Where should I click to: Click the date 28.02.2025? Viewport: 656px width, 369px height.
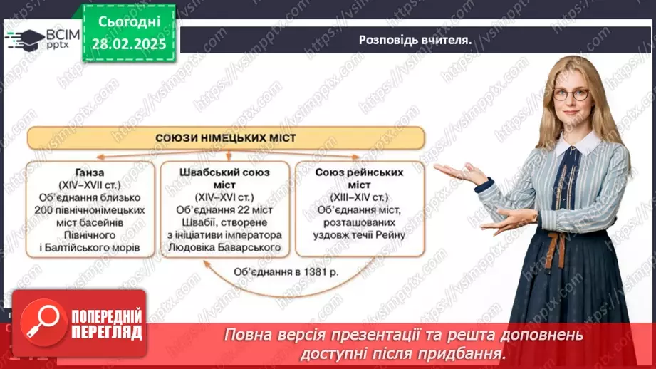pyautogui.click(x=128, y=43)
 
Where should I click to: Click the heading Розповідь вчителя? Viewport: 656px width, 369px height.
pyautogui.click(x=416, y=40)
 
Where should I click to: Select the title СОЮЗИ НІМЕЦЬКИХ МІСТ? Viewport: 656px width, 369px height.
pyautogui.click(x=226, y=137)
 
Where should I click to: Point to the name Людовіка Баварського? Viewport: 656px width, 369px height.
pyautogui.click(x=225, y=248)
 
